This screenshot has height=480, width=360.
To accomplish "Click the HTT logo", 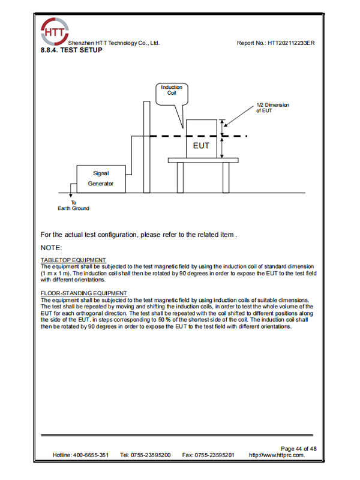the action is coord(55,31).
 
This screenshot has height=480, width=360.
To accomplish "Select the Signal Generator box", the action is coord(101,179).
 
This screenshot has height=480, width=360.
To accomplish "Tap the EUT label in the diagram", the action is coord(201,146).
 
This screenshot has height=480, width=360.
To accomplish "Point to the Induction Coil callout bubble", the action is coord(172,95).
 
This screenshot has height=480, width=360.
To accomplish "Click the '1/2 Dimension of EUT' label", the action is coord(272,108).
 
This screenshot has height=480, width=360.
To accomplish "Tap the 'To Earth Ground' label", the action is coord(73,205).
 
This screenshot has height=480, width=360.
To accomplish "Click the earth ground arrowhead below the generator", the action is coord(71,195).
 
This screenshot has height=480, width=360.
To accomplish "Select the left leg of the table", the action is coord(181,178).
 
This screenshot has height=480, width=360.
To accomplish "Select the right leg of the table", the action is coord(226,178).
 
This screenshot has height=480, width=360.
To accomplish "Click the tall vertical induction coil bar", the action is coord(147,147).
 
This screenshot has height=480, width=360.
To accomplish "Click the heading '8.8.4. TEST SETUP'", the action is coord(71,50).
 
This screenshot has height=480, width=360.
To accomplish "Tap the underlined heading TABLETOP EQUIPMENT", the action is coord(73,260).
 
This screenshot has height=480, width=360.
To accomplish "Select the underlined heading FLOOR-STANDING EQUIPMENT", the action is coord(84,293).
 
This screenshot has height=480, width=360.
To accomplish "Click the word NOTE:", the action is coord(51,248).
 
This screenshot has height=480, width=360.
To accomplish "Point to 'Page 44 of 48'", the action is coord(299,449).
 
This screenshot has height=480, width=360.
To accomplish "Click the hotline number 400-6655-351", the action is coord(91,455).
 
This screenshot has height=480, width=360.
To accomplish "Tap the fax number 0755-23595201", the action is coord(214,455).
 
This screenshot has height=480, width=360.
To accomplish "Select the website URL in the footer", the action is coord(277,455).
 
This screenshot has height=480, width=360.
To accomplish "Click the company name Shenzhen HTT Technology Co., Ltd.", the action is coord(114,43).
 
